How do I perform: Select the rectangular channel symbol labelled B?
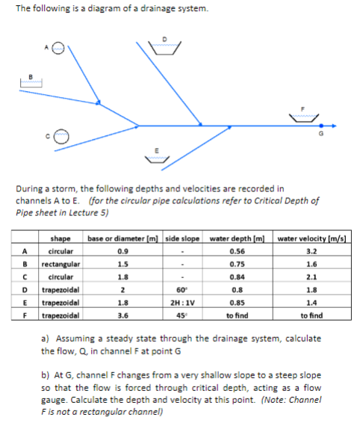(x=30, y=82)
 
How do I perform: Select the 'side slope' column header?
(x=182, y=238)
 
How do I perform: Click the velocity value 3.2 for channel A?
(x=313, y=251)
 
